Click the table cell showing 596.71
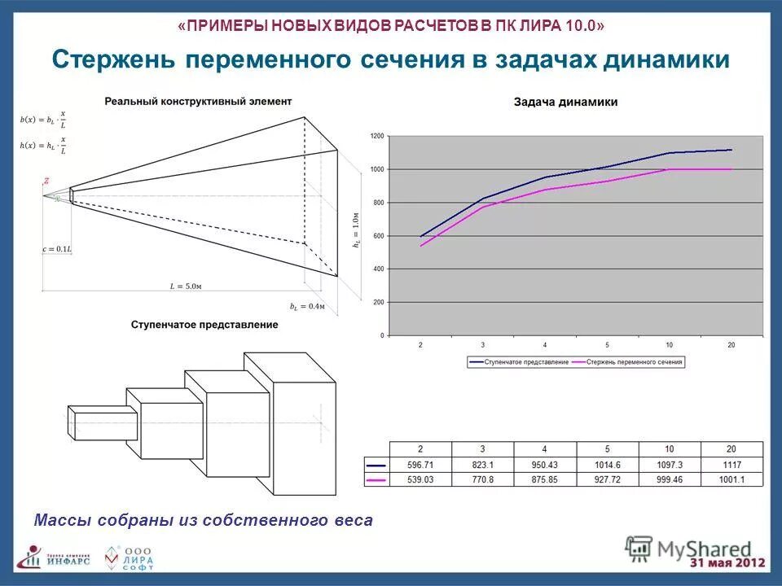pyautogui.click(x=420, y=465)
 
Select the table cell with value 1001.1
pyautogui.click(x=731, y=479)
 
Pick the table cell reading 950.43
pyautogui.click(x=544, y=465)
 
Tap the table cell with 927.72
pyautogui.click(x=607, y=479)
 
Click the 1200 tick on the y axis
pyautogui.click(x=376, y=137)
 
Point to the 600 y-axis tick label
pyautogui.click(x=378, y=236)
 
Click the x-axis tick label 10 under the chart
pyautogui.click(x=669, y=345)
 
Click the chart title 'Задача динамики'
pyautogui.click(x=565, y=102)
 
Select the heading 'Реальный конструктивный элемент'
pyautogui.click(x=198, y=101)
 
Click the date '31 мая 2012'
pyautogui.click(x=727, y=563)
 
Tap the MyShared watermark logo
pyautogui.click(x=688, y=547)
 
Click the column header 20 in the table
pyautogui.click(x=731, y=449)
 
